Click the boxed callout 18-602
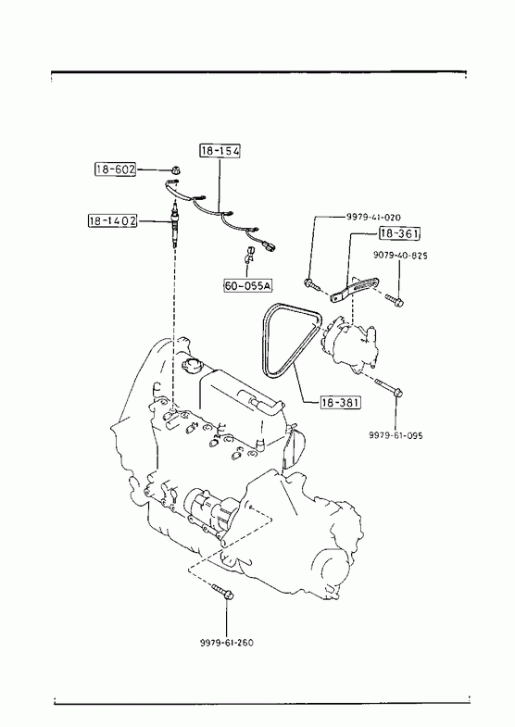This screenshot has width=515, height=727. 116,169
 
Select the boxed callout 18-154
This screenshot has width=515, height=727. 220,151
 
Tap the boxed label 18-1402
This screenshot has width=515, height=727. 113,220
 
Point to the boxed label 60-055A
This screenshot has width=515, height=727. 247,285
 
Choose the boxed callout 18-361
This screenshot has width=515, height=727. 399,233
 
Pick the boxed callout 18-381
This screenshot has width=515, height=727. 340,403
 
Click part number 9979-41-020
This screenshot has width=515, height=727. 373,217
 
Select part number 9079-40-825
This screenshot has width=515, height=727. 400,256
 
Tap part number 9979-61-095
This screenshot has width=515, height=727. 396,435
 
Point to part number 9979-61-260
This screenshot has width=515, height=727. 227,643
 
